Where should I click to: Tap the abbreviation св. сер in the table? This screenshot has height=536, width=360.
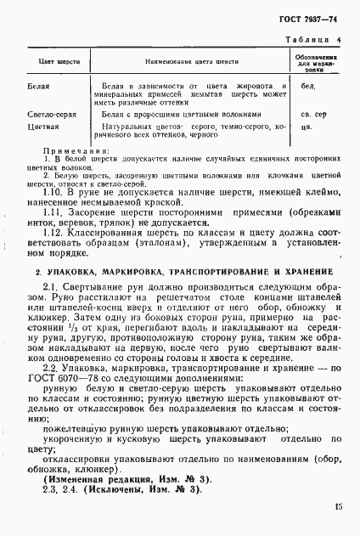[314, 113]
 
